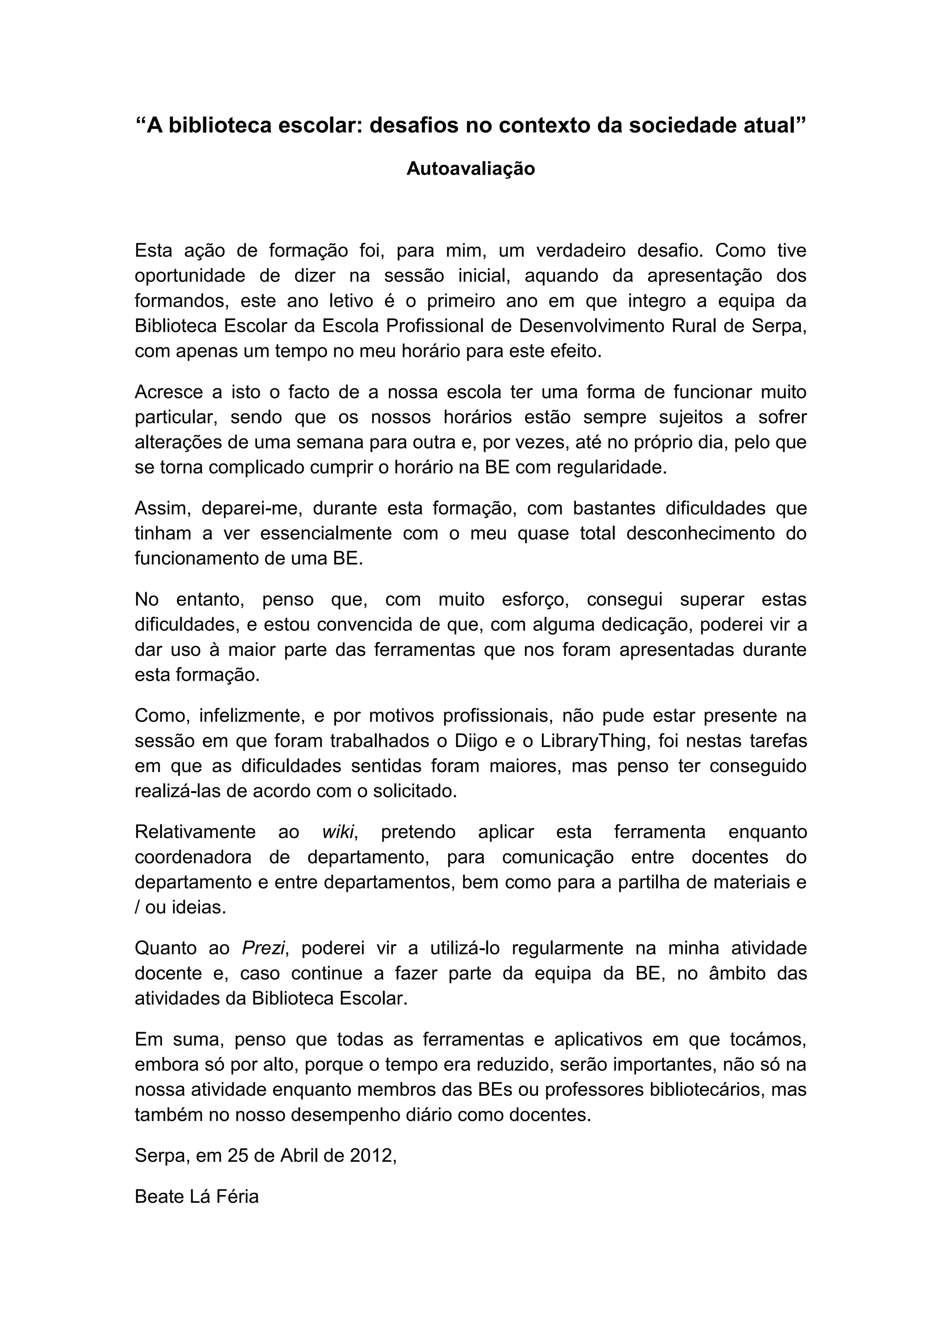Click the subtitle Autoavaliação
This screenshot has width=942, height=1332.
471,169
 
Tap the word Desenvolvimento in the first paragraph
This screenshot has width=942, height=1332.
591,326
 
